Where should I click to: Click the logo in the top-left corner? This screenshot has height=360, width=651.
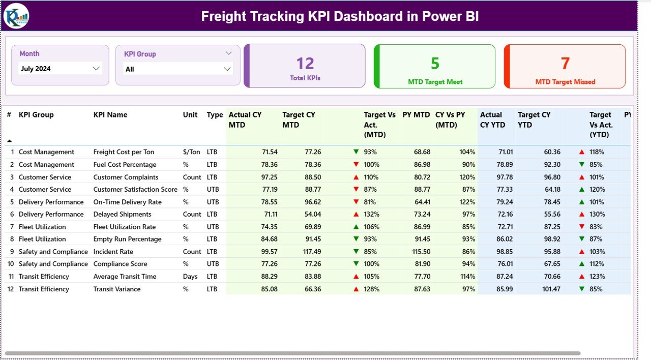16,16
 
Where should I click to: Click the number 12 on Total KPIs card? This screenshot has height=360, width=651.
305,64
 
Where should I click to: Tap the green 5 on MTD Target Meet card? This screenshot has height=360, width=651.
435,64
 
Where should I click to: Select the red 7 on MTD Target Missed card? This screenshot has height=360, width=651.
565,64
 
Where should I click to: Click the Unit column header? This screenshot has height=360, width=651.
190,115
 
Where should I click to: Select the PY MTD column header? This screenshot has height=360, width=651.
416,115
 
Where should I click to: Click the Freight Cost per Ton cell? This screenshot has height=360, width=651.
124,152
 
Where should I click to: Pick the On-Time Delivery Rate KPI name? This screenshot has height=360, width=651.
127,202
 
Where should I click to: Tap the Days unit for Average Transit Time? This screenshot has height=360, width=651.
190,277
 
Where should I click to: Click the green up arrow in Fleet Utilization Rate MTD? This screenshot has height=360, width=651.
356,227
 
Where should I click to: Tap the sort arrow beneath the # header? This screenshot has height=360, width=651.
9,140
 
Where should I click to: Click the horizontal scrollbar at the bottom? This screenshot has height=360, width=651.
292,353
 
